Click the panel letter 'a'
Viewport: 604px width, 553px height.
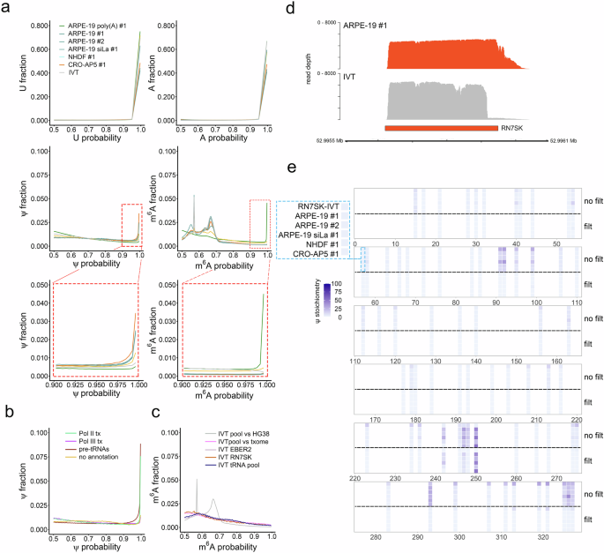click(7, 7)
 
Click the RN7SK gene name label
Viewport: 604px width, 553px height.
click(512, 128)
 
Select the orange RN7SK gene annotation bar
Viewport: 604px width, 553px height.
click(442, 128)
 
